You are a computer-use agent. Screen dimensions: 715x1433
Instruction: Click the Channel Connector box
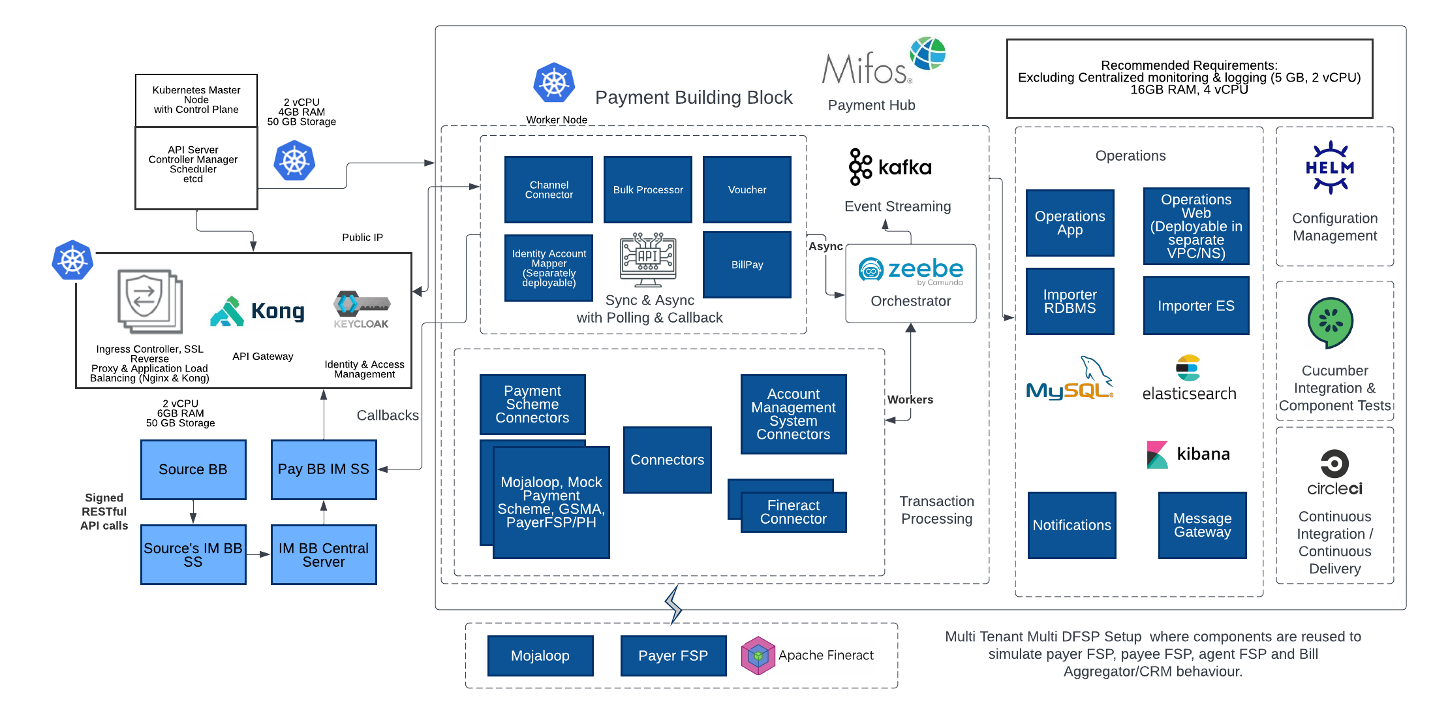pyautogui.click(x=549, y=189)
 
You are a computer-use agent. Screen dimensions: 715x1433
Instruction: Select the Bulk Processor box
pyautogui.click(x=648, y=189)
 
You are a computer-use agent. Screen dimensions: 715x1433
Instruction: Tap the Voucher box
pyautogui.click(x=747, y=189)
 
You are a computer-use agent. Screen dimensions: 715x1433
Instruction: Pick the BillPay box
pyautogui.click(x=747, y=264)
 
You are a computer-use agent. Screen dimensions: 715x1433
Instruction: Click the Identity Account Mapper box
pyautogui.click(x=549, y=268)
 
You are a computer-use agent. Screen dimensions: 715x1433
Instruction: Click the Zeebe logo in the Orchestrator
pyautogui.click(x=910, y=270)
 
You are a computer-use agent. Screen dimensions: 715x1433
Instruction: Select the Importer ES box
pyautogui.click(x=1196, y=306)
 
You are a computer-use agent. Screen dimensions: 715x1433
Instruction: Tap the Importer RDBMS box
pyautogui.click(x=1070, y=301)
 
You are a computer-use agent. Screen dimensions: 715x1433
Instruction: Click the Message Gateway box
pyautogui.click(x=1203, y=525)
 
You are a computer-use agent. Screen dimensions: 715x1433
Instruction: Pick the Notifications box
pyautogui.click(x=1072, y=525)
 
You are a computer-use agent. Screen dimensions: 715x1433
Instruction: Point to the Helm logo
pyautogui.click(x=1330, y=167)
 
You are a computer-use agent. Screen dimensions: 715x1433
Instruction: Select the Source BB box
pyautogui.click(x=193, y=469)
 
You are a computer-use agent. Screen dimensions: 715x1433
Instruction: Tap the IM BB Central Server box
pyautogui.click(x=324, y=554)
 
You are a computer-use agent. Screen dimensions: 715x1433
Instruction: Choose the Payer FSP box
pyautogui.click(x=673, y=656)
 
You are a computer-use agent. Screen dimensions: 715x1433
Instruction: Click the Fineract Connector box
pyautogui.click(x=794, y=512)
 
